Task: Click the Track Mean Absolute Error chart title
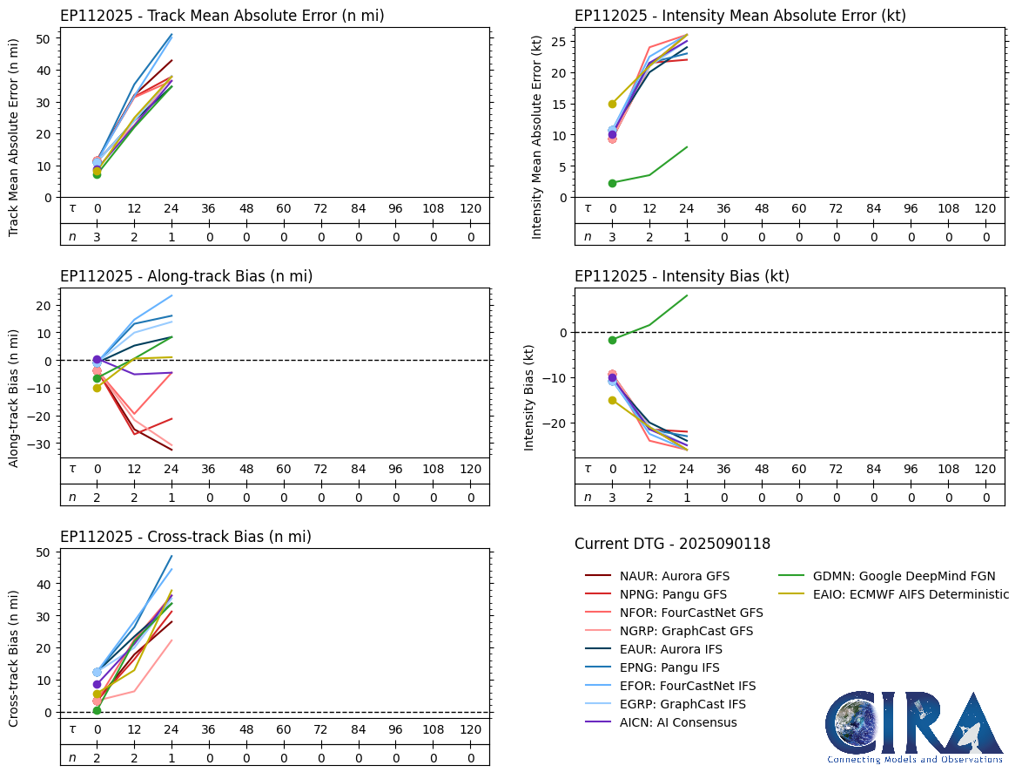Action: (222, 16)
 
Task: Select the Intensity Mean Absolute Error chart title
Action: (740, 16)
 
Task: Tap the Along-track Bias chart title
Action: (186, 276)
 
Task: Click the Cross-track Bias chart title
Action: (185, 537)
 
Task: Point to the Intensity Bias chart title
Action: (682, 276)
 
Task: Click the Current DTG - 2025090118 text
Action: (672, 544)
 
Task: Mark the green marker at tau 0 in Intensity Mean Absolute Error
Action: (612, 183)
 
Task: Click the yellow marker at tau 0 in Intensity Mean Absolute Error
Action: (612, 104)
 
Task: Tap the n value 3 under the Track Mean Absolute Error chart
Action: (97, 237)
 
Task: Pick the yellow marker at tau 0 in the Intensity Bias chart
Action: (612, 400)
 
